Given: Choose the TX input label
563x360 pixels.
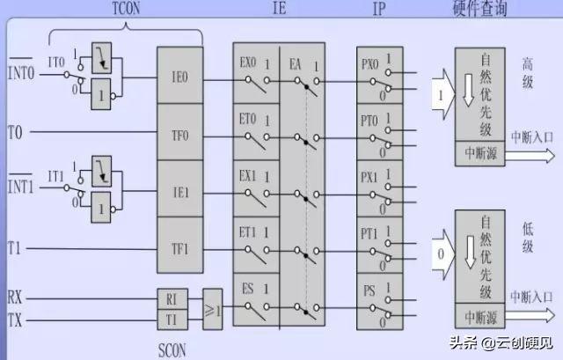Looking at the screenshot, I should pyautogui.click(x=15, y=320).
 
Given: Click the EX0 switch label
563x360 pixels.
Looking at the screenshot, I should pyautogui.click(x=248, y=63).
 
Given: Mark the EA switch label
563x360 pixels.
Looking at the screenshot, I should pyautogui.click(x=296, y=63).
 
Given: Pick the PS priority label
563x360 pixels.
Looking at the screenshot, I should pyautogui.click(x=369, y=288).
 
